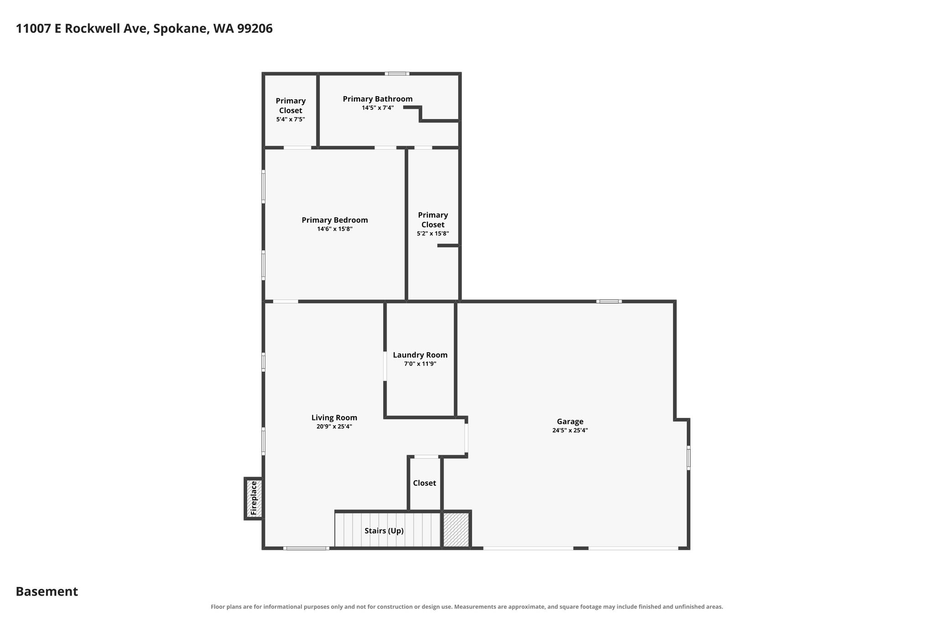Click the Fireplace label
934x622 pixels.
pos(254,498)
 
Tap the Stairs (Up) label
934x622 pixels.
pos(384,531)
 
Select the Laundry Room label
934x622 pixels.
pos(420,355)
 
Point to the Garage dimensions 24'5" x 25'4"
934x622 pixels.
pos(570,430)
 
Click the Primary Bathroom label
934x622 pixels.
pos(378,99)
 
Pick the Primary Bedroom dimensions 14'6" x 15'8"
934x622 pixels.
pos(335,229)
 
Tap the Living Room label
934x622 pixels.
pos(334,418)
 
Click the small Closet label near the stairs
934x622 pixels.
pos(425,483)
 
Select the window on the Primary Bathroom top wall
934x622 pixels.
pos(397,73)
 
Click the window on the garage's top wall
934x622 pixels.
pos(609,301)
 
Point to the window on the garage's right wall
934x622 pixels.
pos(688,458)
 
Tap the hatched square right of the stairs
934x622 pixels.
pos(456,529)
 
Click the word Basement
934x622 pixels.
pos(47,591)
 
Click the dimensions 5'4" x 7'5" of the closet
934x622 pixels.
pos(291,119)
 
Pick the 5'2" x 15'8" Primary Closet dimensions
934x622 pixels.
pos(433,233)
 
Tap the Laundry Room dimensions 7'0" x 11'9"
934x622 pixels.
pos(420,364)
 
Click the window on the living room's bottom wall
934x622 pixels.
pos(306,548)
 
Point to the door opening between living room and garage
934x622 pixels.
pos(466,438)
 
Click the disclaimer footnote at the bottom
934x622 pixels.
pos(467,607)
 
